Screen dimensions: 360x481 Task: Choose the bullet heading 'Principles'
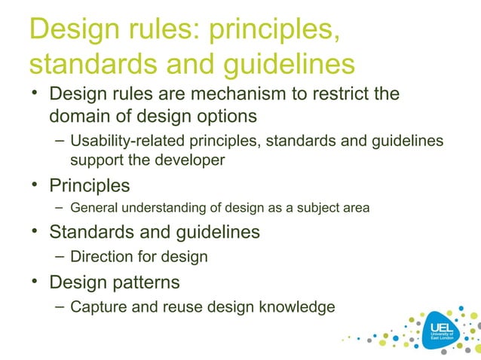pos(89,185)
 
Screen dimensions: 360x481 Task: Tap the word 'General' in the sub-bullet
pos(94,208)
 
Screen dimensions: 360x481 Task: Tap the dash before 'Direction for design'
pos(60,256)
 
